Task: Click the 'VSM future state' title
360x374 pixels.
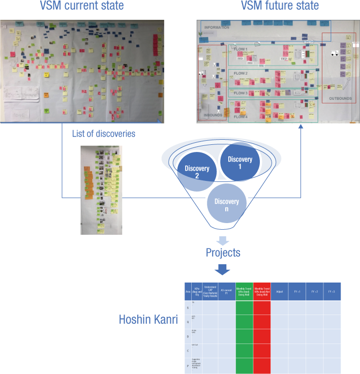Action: pyautogui.click(x=280, y=6)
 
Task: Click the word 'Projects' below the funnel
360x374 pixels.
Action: pyautogui.click(x=223, y=253)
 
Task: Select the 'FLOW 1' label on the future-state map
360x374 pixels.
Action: pyautogui.click(x=240, y=49)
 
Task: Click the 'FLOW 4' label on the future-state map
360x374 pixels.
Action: pyautogui.click(x=241, y=117)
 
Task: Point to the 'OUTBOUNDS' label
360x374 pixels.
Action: pyautogui.click(x=337, y=99)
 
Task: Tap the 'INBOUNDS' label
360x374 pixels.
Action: pyautogui.click(x=213, y=114)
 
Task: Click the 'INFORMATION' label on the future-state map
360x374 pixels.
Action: pyautogui.click(x=217, y=27)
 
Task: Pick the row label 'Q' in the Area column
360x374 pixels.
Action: pyautogui.click(x=189, y=322)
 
